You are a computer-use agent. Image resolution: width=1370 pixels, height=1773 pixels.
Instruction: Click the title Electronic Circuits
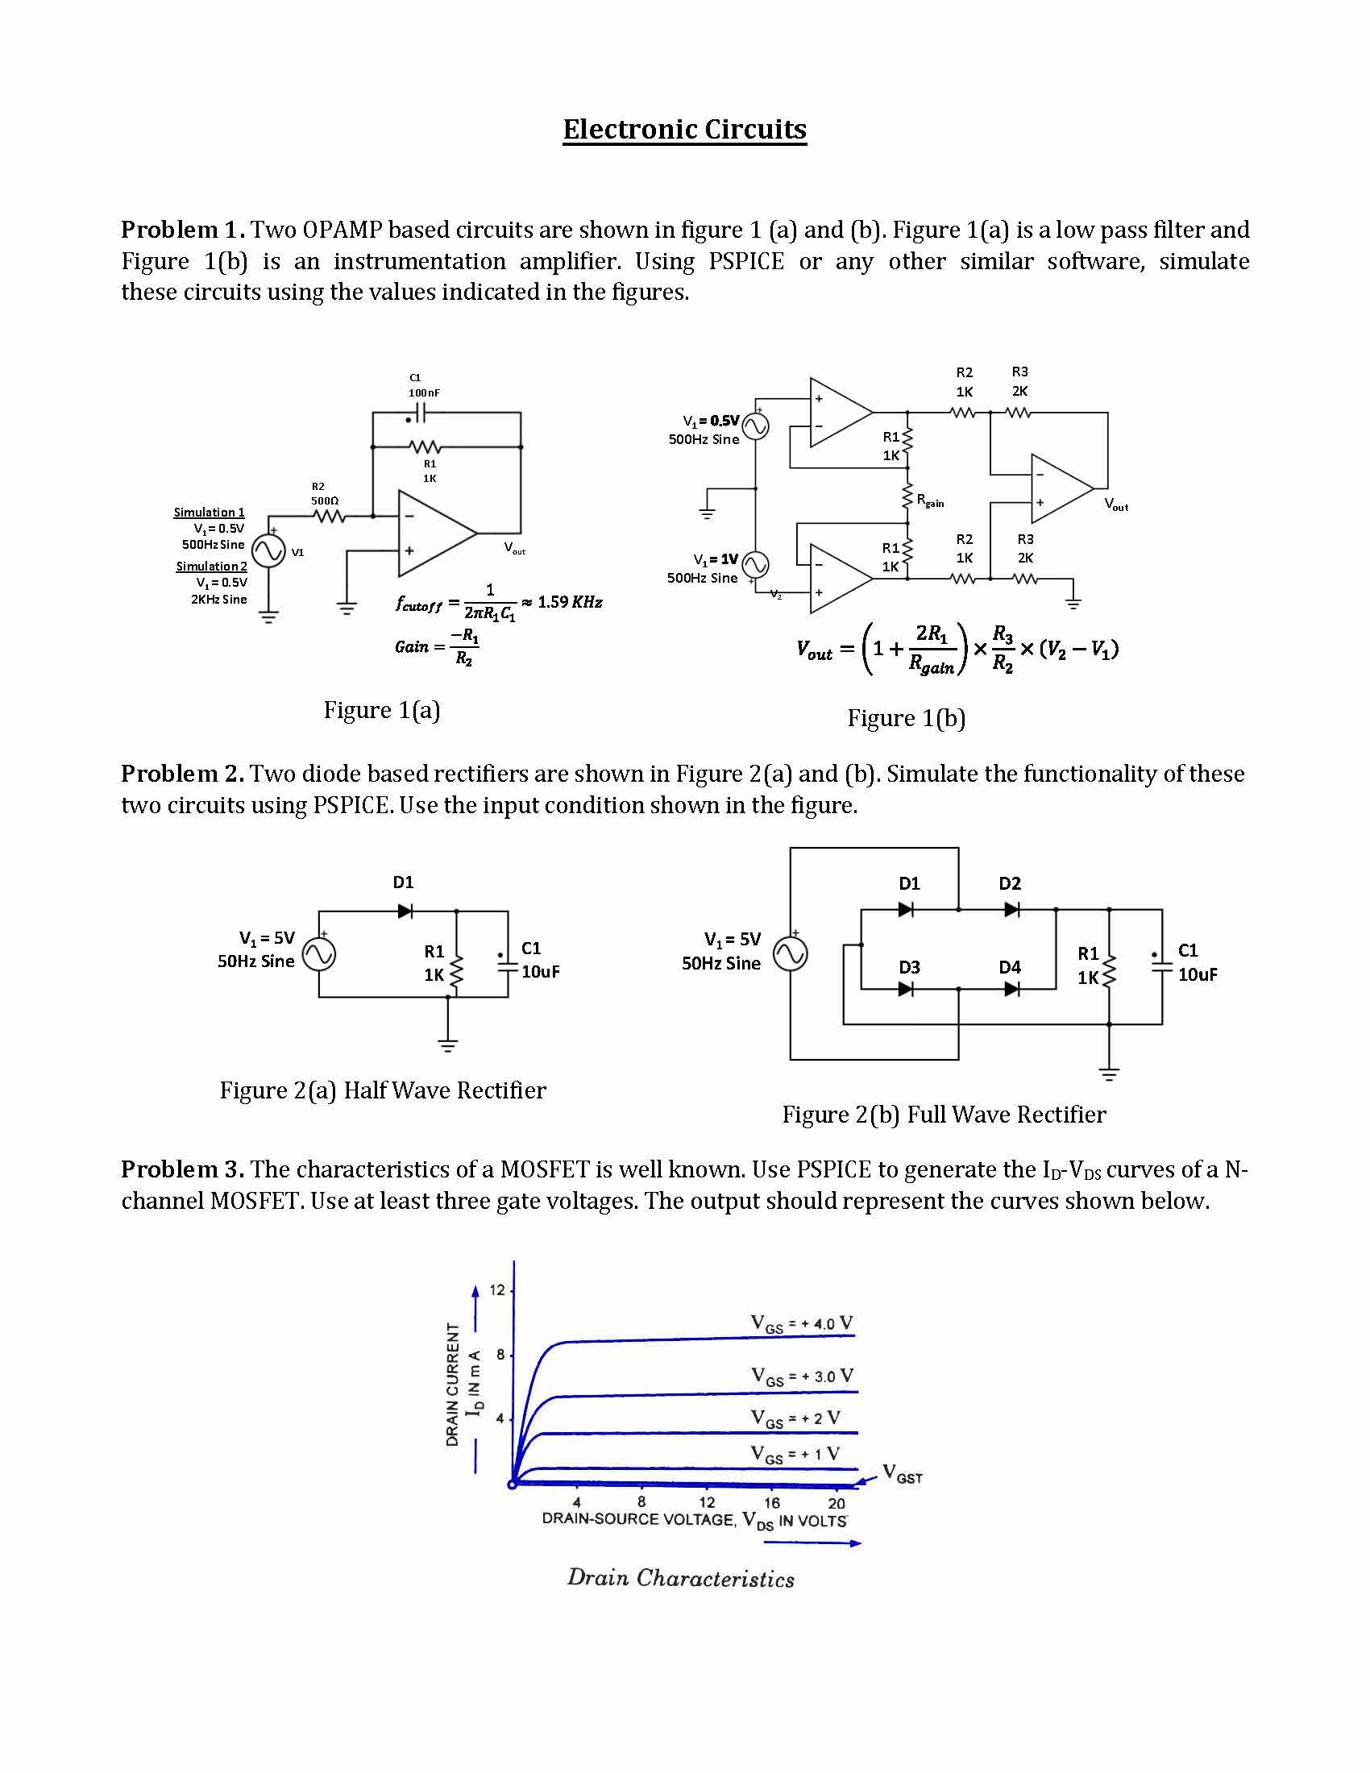(684, 130)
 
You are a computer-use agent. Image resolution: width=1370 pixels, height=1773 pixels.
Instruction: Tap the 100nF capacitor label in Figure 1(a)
(424, 393)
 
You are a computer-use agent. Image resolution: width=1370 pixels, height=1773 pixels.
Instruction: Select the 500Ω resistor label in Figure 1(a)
(325, 501)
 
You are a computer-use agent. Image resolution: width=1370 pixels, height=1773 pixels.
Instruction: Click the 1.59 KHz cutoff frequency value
(570, 602)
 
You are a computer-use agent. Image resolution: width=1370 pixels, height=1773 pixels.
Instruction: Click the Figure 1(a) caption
(381, 710)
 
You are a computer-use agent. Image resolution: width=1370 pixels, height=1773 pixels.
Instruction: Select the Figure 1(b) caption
(906, 718)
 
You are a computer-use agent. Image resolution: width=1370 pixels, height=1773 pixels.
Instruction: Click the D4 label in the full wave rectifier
(1009, 967)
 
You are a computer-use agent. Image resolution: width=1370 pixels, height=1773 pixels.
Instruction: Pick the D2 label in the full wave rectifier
(1010, 883)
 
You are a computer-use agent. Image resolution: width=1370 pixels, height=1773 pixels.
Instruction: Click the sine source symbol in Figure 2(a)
(319, 955)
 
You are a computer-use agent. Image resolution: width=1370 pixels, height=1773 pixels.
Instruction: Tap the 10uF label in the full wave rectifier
(1197, 974)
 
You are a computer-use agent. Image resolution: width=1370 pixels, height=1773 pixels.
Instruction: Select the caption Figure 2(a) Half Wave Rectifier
(382, 1090)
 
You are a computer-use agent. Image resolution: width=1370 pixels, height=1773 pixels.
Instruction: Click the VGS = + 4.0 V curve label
(802, 1324)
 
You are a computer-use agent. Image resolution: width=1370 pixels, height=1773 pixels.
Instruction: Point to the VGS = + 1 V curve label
(795, 1453)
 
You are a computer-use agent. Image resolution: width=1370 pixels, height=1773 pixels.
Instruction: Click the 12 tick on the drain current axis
(496, 1290)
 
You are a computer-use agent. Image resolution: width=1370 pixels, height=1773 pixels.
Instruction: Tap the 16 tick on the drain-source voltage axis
(771, 1503)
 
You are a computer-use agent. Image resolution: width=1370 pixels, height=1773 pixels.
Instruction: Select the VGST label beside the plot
(902, 1473)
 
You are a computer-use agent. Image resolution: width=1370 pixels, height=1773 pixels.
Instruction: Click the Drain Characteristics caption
(680, 1578)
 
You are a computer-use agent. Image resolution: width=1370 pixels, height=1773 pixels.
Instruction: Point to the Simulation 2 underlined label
(211, 566)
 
